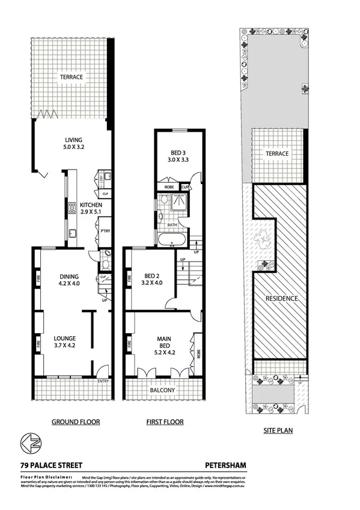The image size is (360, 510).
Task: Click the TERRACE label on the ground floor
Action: [70, 77]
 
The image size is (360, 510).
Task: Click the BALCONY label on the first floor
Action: [162, 390]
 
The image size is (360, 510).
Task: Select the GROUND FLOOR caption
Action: [75, 422]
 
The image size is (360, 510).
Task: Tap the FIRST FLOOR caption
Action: [165, 422]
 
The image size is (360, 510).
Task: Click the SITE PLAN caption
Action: [279, 431]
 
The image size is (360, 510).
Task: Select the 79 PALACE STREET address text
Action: [50, 465]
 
